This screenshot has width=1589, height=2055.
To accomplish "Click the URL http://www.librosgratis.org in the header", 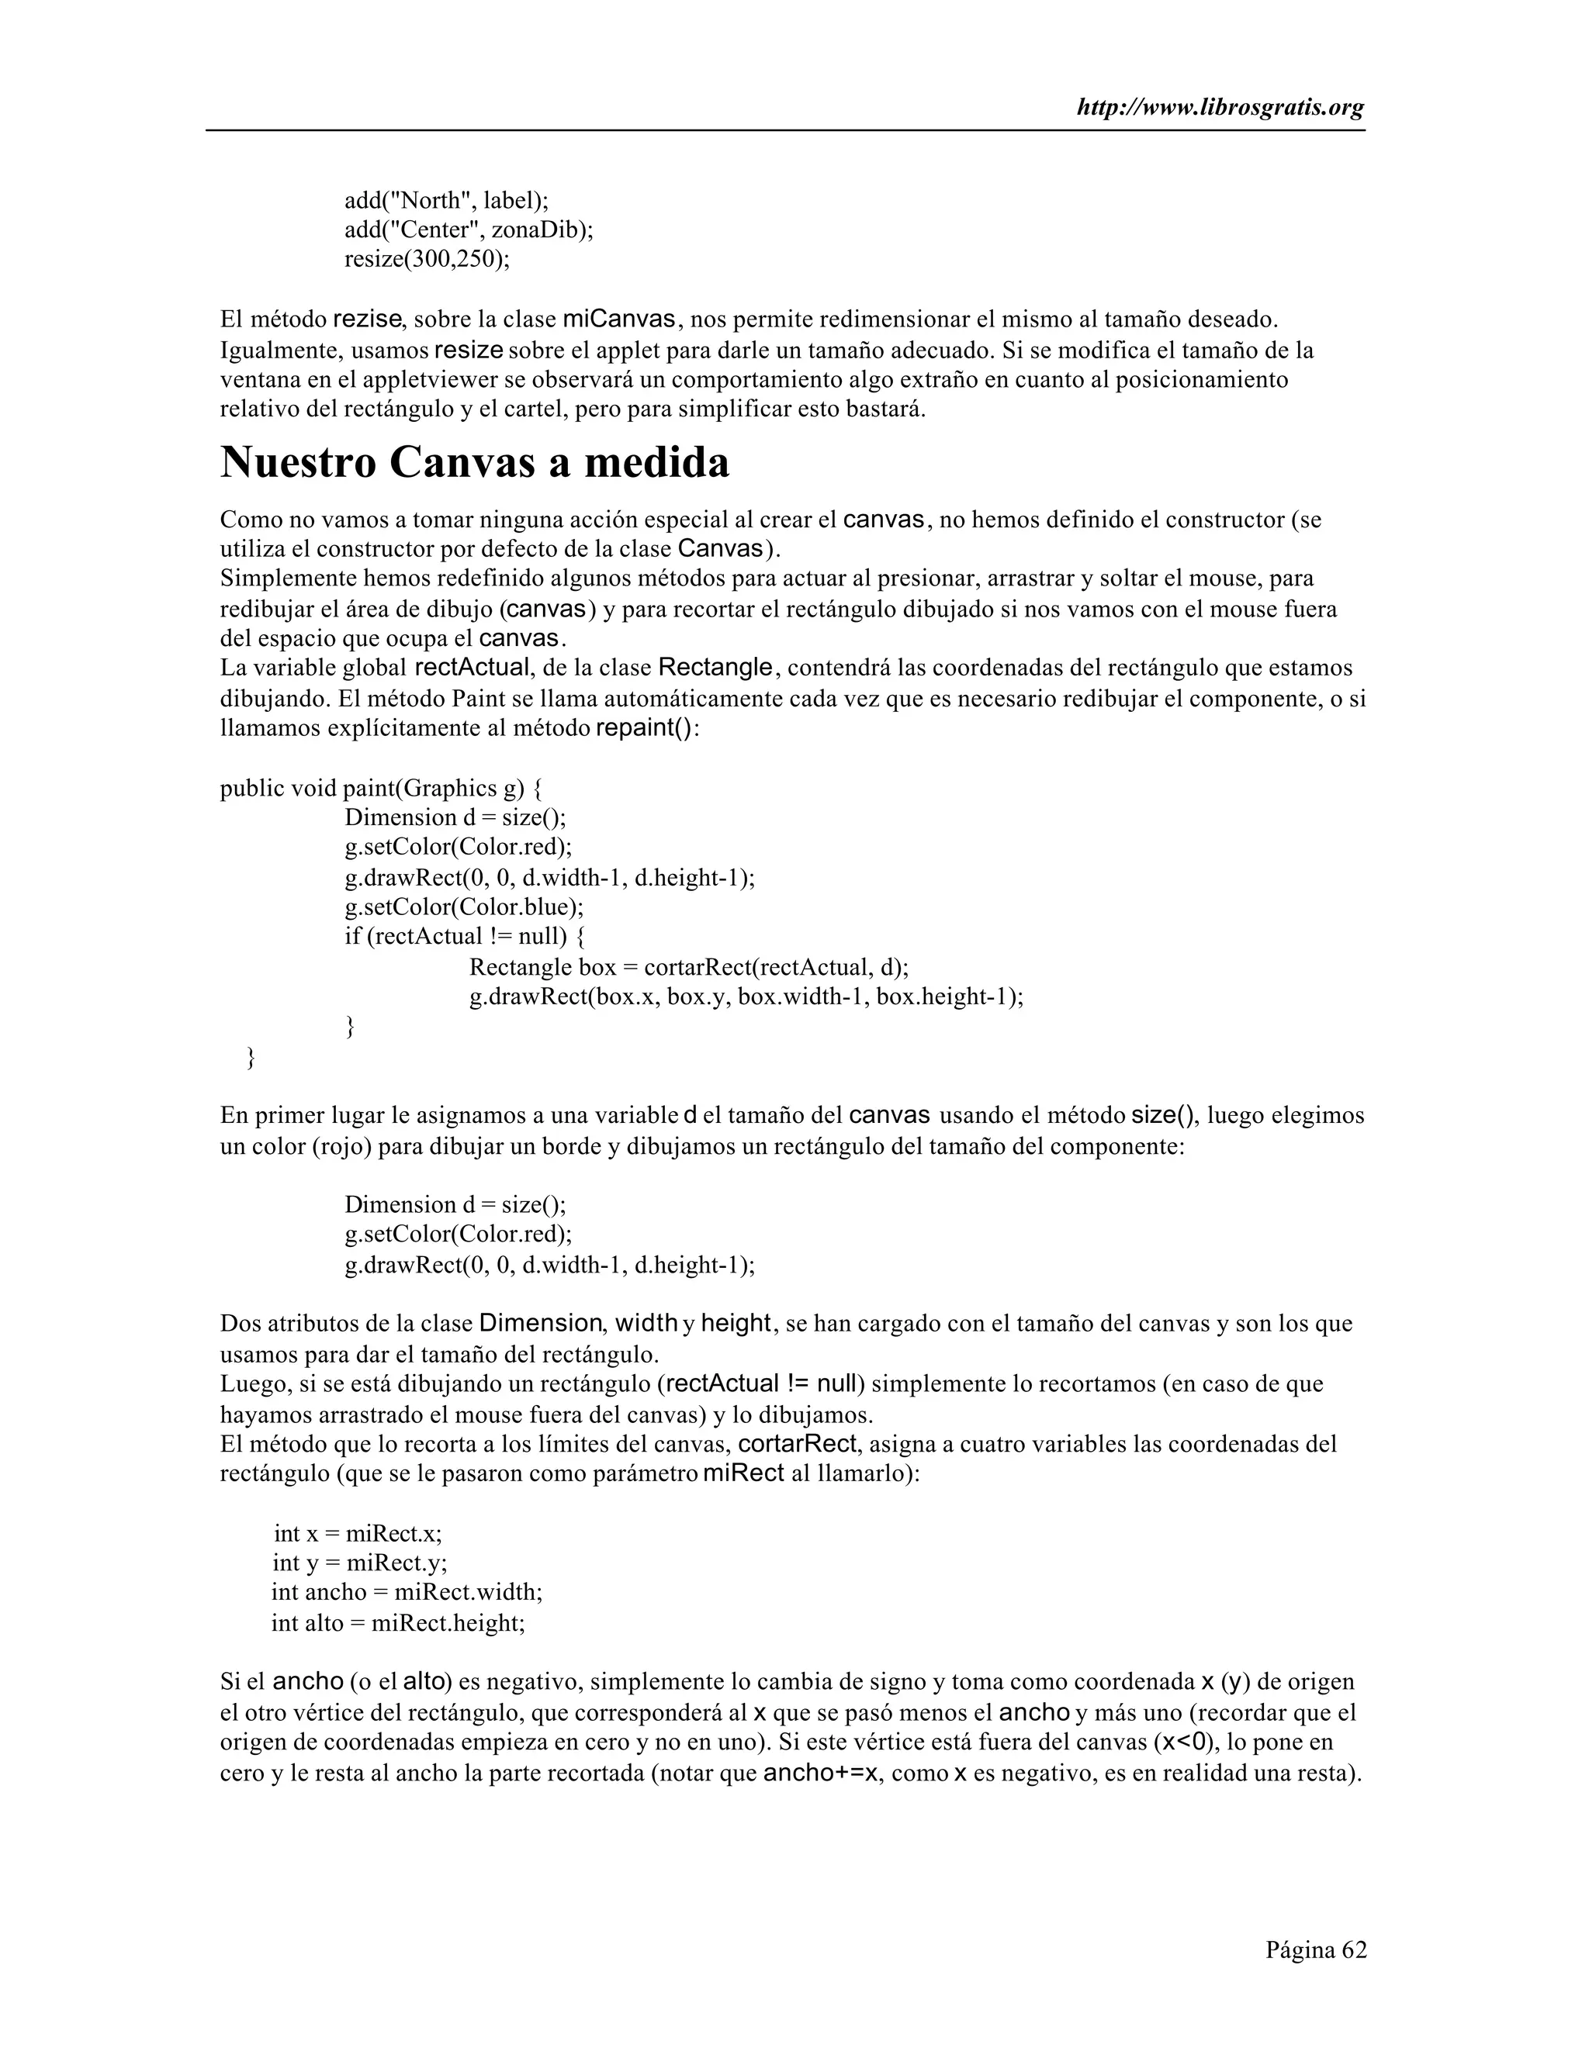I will [1220, 109].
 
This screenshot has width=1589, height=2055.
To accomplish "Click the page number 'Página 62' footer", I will [1315, 1949].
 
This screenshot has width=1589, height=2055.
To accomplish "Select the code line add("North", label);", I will [446, 200].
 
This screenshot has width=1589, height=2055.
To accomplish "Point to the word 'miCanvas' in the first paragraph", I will [618, 320].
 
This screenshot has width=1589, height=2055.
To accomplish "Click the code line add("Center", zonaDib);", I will [469, 230].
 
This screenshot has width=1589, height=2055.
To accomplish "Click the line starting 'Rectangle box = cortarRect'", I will [688, 966].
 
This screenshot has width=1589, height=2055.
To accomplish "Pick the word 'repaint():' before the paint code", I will [648, 729].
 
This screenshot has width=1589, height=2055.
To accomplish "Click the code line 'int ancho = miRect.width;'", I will [407, 1592].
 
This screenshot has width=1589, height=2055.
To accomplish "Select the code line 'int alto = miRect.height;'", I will [398, 1622].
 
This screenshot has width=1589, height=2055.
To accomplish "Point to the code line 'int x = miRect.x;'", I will [358, 1533].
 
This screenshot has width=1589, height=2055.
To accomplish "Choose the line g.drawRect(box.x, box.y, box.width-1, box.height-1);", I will [746, 996].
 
